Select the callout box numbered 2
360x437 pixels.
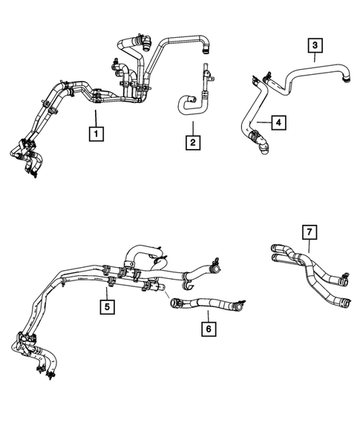(x=192, y=142)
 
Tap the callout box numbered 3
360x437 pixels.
(x=315, y=46)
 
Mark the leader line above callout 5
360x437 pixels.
(x=108, y=291)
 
